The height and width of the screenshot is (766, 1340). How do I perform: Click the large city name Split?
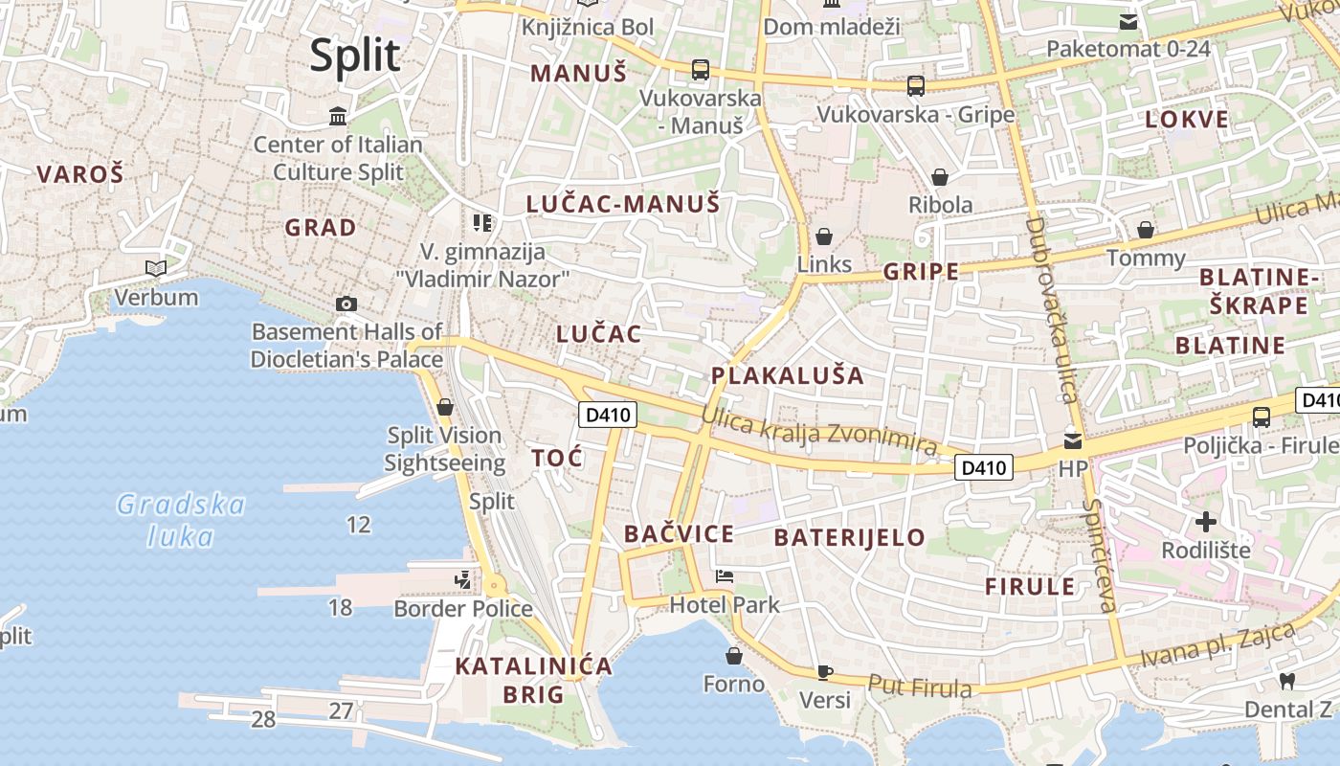click(355, 56)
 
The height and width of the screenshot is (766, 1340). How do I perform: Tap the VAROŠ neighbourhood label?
click(80, 174)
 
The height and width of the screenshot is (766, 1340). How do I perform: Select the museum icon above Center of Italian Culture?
click(338, 117)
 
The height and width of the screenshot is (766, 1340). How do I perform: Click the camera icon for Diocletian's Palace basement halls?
click(346, 304)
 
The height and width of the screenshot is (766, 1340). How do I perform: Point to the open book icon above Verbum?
click(156, 269)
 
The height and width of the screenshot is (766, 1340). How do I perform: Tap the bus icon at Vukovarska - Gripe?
click(916, 86)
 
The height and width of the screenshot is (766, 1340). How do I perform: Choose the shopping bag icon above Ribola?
click(940, 177)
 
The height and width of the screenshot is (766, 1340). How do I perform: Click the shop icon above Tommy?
click(1145, 230)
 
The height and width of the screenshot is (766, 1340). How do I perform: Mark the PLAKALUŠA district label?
click(788, 375)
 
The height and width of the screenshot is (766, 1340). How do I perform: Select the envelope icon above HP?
click(1073, 441)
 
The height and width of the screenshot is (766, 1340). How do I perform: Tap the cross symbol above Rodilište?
click(1206, 522)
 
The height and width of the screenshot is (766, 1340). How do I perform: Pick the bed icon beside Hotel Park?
click(725, 577)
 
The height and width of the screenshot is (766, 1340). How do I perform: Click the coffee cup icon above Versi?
click(824, 672)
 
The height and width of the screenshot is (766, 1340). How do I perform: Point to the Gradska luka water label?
click(181, 520)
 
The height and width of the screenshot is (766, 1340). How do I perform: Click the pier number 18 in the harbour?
click(340, 608)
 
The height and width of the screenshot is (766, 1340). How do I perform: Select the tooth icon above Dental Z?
click(1287, 681)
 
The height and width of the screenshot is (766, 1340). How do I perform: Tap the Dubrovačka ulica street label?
click(1051, 309)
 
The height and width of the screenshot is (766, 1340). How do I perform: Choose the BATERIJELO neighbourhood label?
click(849, 537)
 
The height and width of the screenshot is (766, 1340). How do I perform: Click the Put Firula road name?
click(920, 687)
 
